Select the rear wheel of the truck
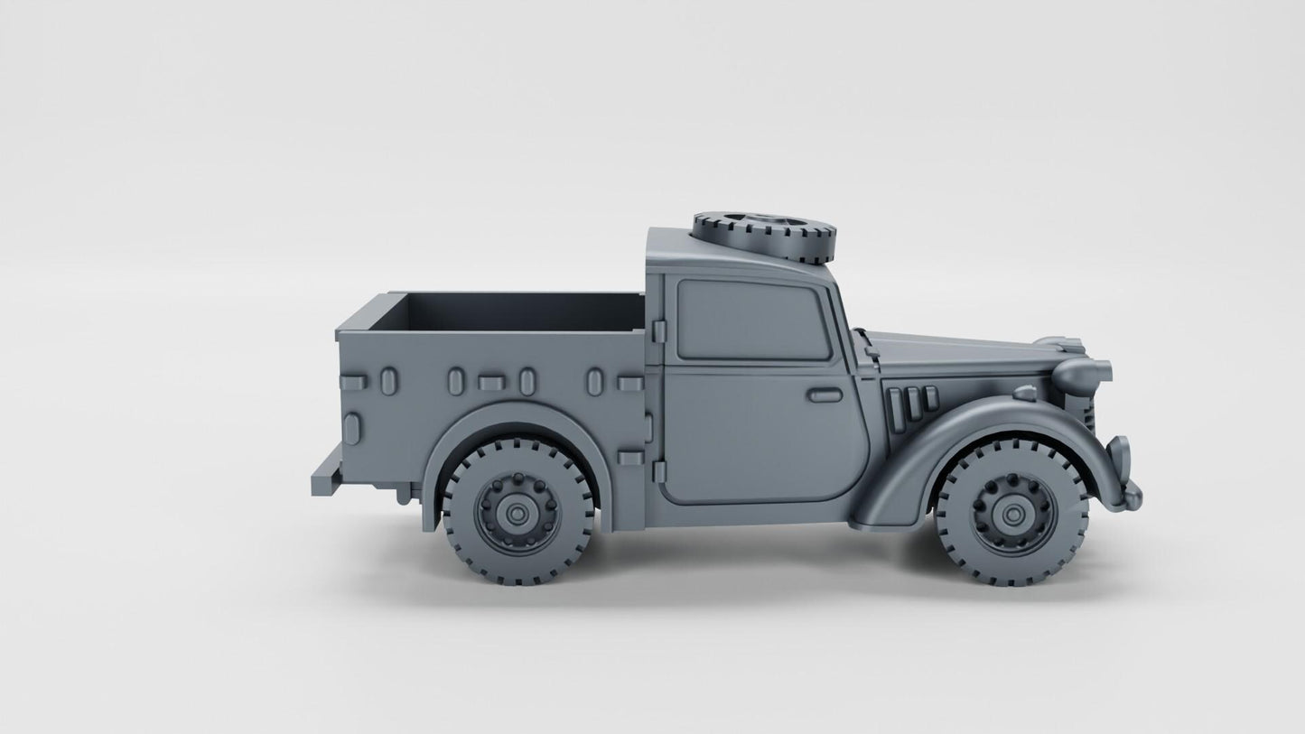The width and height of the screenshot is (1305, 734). coord(517,510)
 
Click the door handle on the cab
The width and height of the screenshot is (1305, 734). coord(824,395)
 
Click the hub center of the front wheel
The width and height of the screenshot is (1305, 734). coord(1011,514)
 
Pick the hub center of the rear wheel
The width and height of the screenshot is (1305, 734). coord(517,513)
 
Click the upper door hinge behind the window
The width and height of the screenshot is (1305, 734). coord(658,331)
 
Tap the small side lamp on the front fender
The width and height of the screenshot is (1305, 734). coord(1024,393)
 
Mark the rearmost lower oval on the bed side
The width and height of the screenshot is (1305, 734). coord(351,429)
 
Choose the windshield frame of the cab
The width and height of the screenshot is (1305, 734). coord(845,307)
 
